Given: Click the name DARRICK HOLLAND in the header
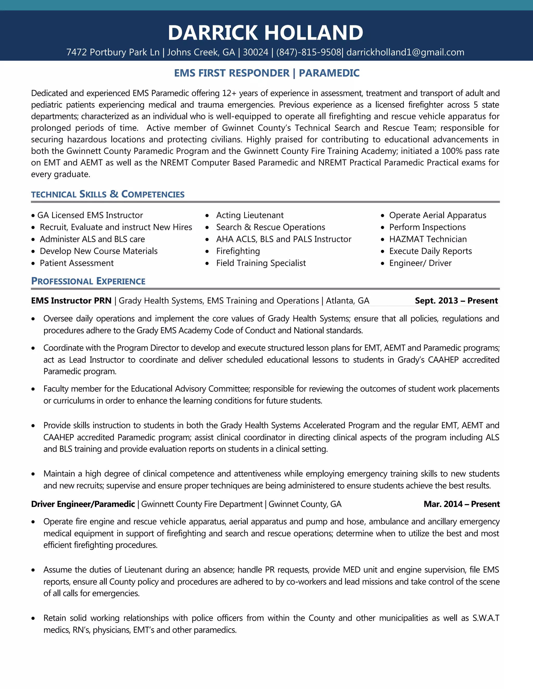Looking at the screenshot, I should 265,33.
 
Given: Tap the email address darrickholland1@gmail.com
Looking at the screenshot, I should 405,52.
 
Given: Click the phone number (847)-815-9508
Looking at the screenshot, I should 308,52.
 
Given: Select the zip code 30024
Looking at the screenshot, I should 256,52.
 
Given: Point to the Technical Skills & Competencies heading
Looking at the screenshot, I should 108,194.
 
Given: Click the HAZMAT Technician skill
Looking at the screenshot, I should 428,239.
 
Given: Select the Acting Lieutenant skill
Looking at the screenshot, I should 250,215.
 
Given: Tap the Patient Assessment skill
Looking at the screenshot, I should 77,263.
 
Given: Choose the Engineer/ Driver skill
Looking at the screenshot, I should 420,263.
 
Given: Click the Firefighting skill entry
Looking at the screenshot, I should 238,251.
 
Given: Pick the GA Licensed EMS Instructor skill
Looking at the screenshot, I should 90,215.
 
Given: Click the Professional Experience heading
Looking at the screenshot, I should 88,281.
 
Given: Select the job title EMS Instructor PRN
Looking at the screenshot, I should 71,301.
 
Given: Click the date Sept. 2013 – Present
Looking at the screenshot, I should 456,301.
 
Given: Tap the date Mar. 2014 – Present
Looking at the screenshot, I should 461,504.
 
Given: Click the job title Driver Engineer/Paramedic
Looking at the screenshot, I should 83,504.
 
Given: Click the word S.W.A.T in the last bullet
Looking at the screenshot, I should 486,618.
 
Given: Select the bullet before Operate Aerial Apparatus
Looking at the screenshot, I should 382,216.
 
